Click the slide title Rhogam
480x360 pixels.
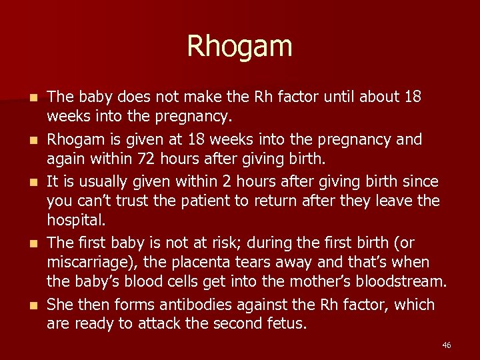tap(239, 47)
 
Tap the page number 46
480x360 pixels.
tap(446, 345)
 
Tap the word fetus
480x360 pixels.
tap(304, 325)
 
